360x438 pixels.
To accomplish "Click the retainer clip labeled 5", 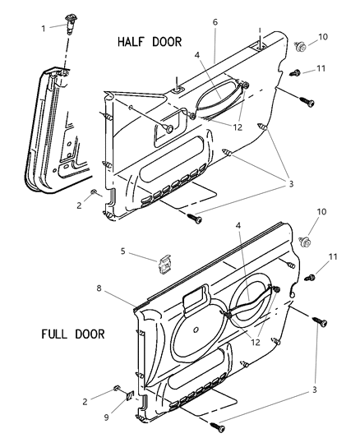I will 166,264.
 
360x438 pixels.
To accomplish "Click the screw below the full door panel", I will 218,426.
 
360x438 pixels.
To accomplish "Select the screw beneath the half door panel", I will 195,219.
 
